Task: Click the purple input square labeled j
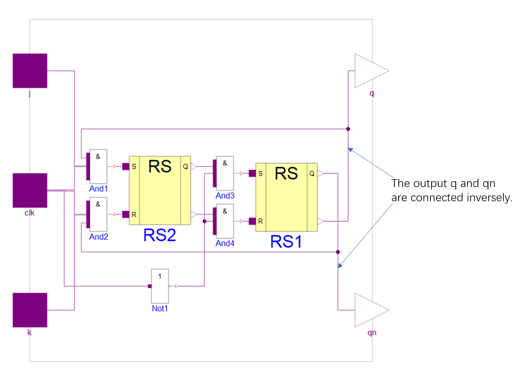(30, 71)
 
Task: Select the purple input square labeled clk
(30, 190)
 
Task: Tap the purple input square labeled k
(30, 310)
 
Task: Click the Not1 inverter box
(160, 286)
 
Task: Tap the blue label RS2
(160, 235)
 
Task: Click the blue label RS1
(286, 242)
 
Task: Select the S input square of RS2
(125, 167)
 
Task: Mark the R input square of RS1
(252, 221)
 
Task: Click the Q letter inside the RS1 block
(312, 173)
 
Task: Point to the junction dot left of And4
(204, 221)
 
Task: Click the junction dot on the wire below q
(348, 129)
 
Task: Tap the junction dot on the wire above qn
(338, 252)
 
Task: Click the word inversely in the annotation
(490, 198)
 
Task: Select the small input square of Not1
(149, 286)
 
